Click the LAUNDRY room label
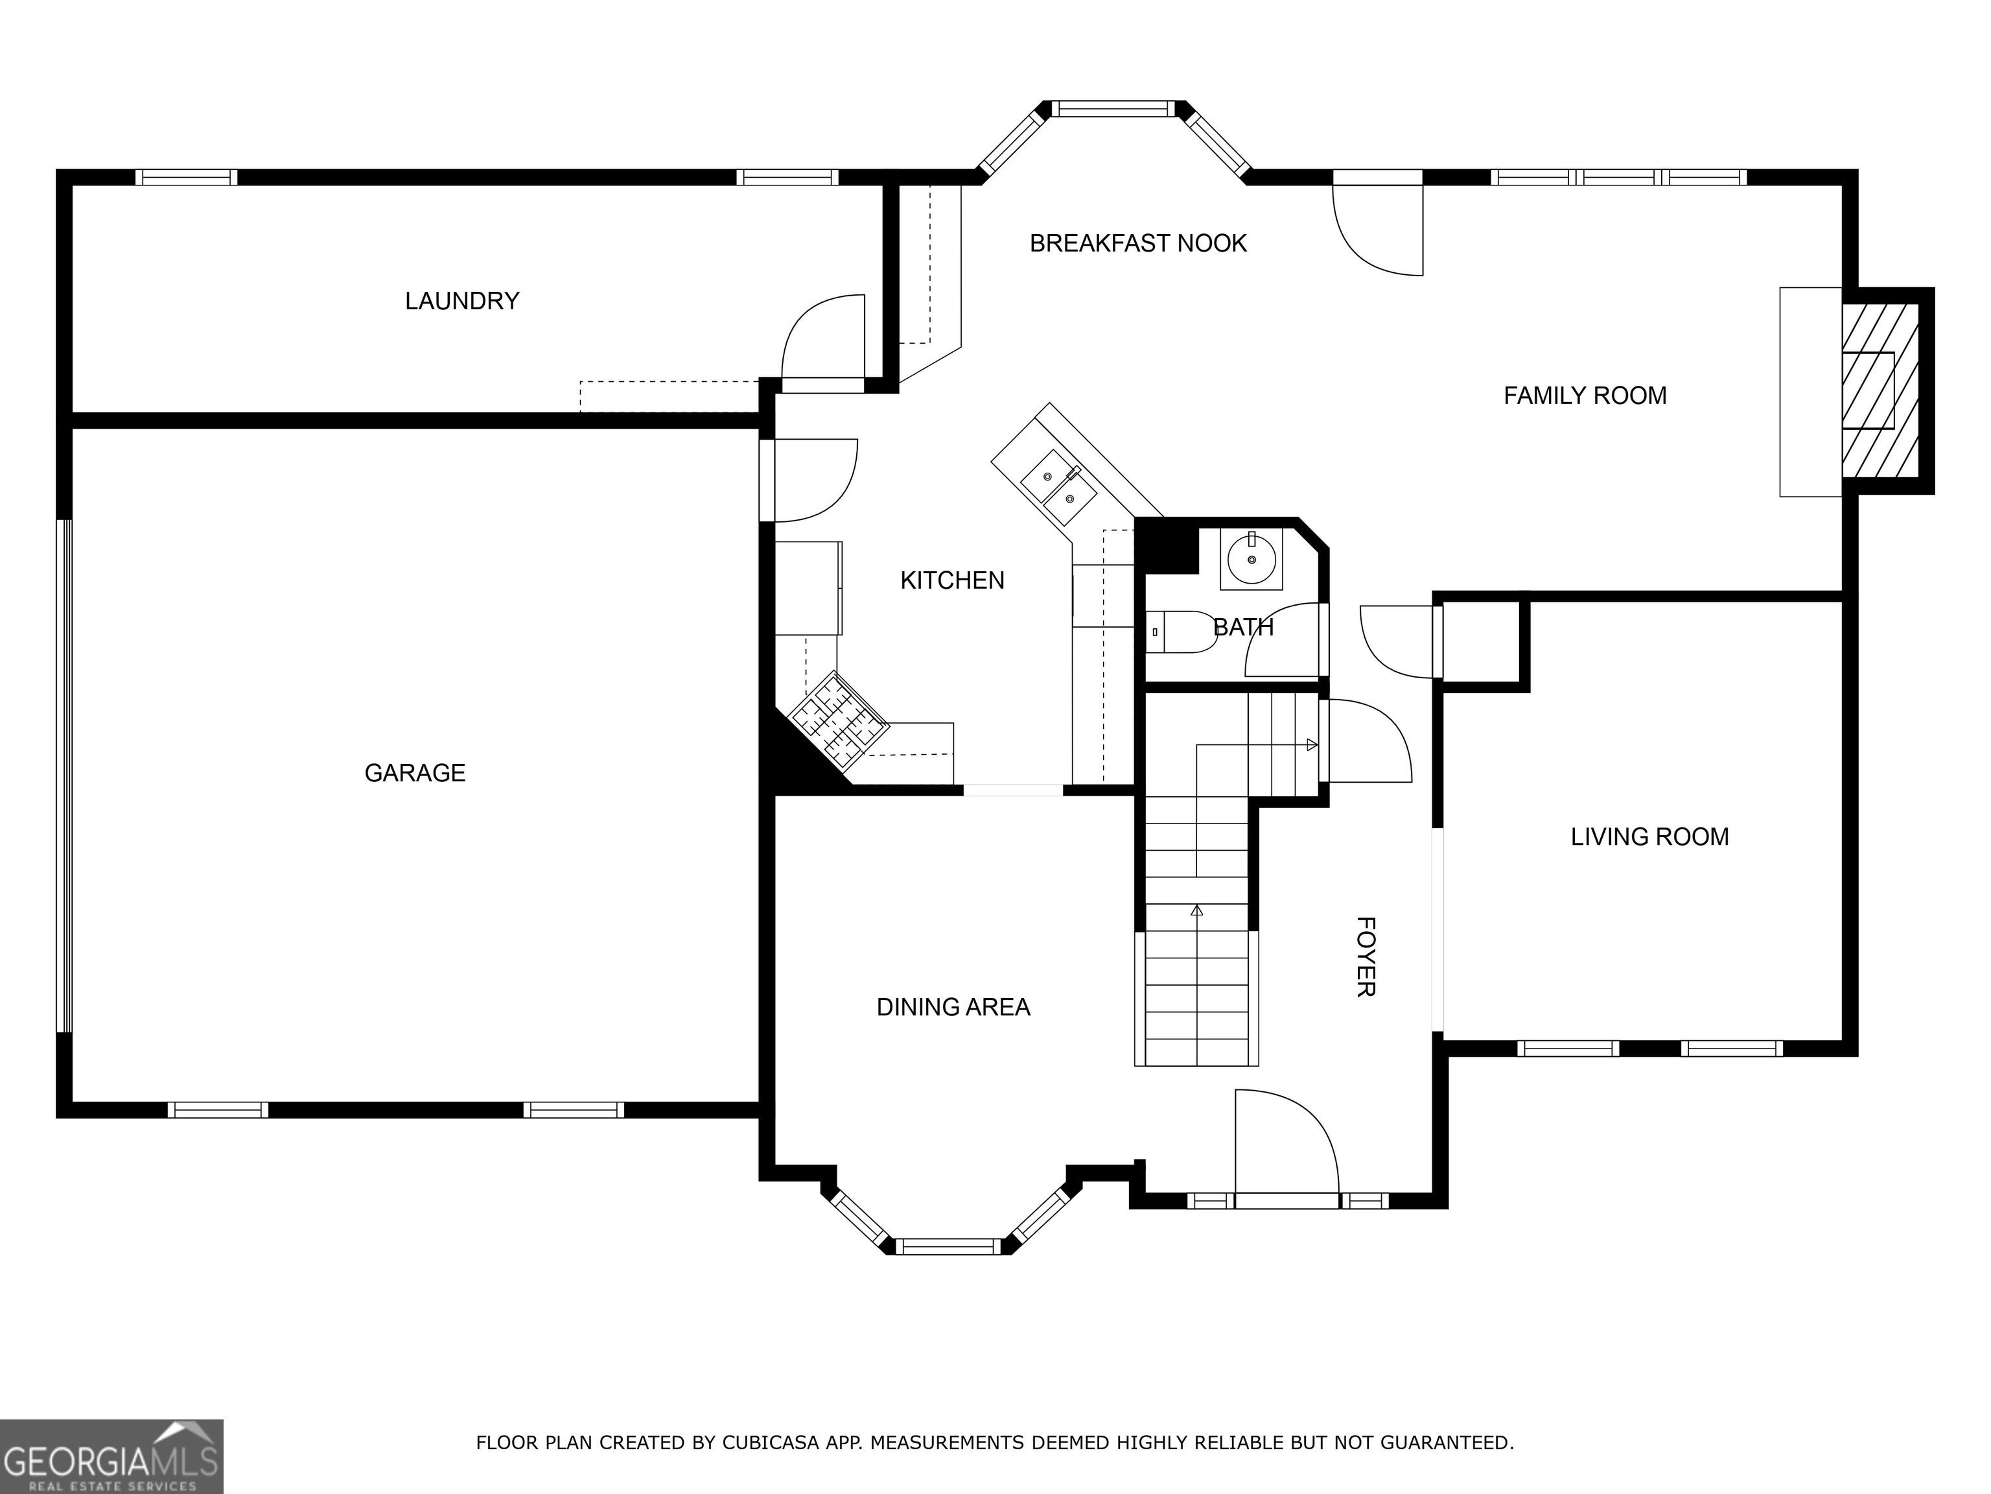point(461,301)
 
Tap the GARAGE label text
point(415,773)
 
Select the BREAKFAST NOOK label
point(1137,243)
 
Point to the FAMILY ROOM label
point(1585,396)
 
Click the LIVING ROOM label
point(1650,836)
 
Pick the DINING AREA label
point(953,1007)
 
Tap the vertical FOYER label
point(1366,956)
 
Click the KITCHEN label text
point(952,580)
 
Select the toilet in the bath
point(1181,632)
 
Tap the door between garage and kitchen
point(808,480)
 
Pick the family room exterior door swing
point(1377,230)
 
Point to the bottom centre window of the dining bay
point(948,1246)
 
